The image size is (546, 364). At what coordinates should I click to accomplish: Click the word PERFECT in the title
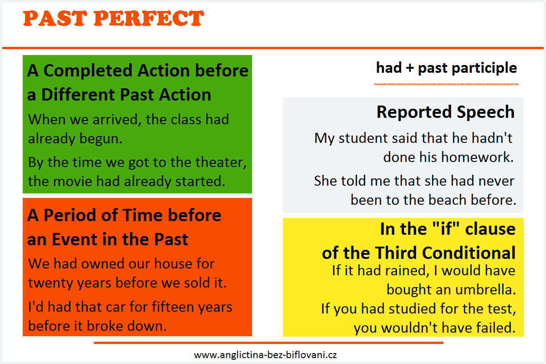point(149,18)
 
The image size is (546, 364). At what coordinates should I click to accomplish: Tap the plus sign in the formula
point(410,68)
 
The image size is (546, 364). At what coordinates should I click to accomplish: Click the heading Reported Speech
point(445,112)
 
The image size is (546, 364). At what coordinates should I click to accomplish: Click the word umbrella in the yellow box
point(485,290)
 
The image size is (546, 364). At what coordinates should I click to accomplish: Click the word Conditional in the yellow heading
point(469,253)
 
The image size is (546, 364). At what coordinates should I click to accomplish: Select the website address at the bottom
point(265,355)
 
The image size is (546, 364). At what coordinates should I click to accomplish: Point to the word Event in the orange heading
point(75,239)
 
